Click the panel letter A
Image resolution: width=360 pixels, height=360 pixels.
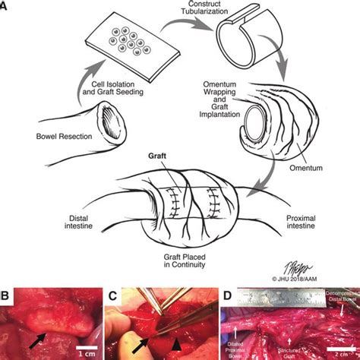pos(5,5)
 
